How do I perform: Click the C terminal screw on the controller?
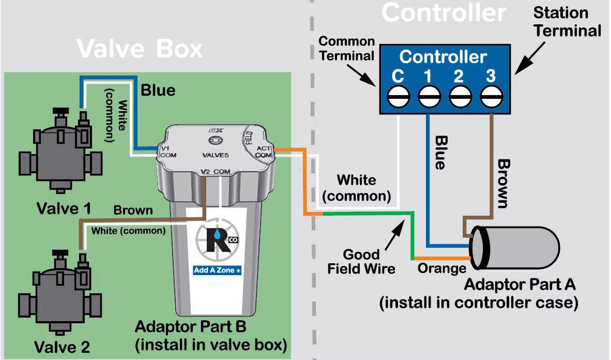point(398,96)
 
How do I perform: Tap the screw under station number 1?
point(430,96)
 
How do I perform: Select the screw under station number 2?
point(460,96)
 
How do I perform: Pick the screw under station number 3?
point(492,96)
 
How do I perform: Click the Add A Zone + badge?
point(217,270)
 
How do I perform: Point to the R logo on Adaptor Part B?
point(217,238)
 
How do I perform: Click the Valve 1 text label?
point(64,208)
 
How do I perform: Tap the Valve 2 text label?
point(62,347)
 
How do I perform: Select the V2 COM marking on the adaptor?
point(216,172)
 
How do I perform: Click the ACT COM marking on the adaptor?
point(264,152)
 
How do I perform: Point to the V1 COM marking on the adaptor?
point(168,152)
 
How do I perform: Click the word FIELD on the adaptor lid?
point(249,138)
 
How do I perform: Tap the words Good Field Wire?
point(361,262)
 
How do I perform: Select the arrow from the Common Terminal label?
point(361,76)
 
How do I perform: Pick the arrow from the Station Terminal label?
point(530,58)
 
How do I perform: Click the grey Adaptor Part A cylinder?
point(515,248)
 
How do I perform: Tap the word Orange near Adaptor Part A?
point(442,268)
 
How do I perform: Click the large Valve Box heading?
point(140,49)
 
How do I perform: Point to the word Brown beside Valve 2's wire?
point(133,210)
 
